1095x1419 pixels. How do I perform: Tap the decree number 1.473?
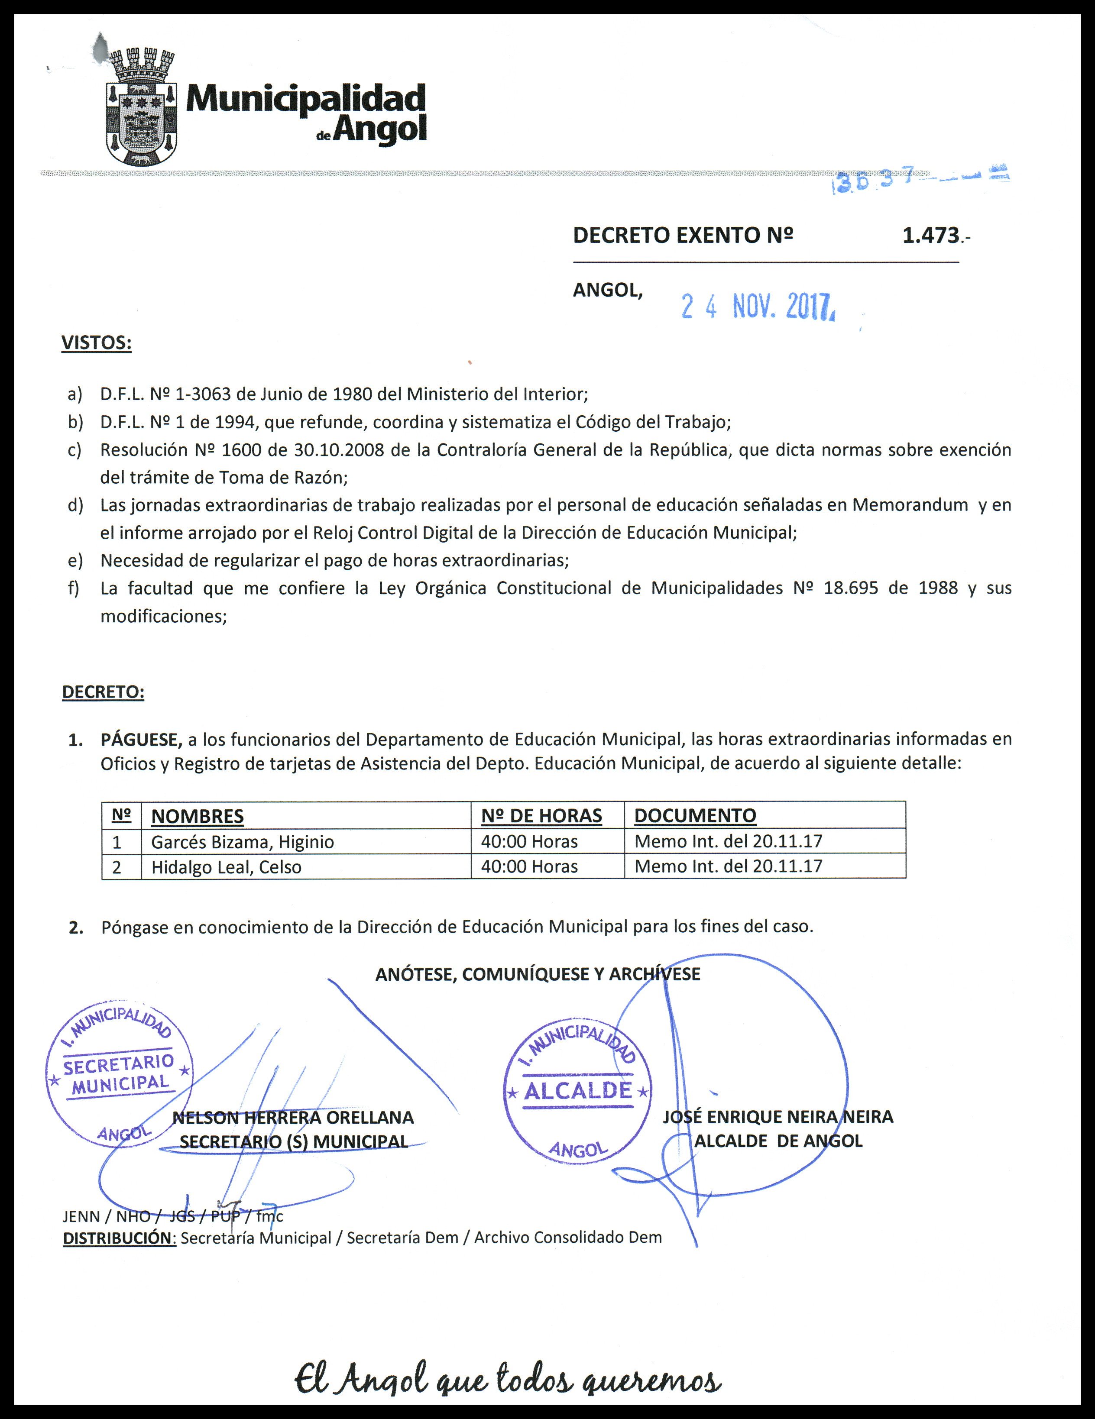(x=932, y=235)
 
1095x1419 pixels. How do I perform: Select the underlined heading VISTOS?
(x=96, y=343)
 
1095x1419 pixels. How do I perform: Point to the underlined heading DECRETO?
(x=103, y=692)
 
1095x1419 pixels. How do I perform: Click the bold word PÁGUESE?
(x=140, y=740)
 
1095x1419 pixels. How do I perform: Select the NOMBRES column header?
(x=197, y=816)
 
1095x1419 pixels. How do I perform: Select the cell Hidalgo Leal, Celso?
(x=226, y=867)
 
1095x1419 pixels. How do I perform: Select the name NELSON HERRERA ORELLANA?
(x=293, y=1118)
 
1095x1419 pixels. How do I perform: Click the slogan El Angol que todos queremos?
(x=508, y=1377)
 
